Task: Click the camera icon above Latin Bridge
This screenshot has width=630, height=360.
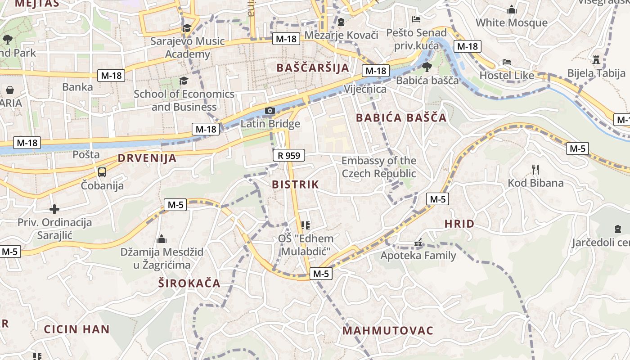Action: [x=270, y=111]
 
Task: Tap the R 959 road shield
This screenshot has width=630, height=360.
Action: [x=289, y=156]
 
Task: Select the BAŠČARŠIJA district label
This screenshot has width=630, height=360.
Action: [x=313, y=68]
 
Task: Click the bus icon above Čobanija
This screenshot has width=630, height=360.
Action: [x=102, y=172]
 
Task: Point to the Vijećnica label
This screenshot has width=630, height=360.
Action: [x=365, y=89]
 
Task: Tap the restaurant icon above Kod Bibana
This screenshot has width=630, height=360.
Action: [x=535, y=170]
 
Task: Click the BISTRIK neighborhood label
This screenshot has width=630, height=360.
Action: [x=295, y=184]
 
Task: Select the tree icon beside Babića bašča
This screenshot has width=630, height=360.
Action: [x=427, y=67]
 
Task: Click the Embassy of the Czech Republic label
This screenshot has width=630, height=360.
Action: [x=379, y=167]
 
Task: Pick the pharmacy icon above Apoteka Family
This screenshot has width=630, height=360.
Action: [x=418, y=243]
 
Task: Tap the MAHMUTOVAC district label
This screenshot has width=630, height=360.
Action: [x=388, y=331]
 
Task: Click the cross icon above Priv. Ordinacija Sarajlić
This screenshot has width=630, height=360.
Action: [x=54, y=209]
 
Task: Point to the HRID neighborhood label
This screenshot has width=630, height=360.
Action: [x=459, y=224]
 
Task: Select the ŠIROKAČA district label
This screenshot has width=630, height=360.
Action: [x=189, y=283]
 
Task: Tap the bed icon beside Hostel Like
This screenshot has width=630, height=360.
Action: [x=507, y=63]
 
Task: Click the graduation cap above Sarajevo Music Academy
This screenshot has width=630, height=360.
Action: [x=187, y=28]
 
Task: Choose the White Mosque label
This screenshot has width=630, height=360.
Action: [x=512, y=22]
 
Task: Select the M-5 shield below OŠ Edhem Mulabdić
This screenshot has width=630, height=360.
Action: [x=321, y=273]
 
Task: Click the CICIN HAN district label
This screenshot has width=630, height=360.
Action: [x=77, y=329]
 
